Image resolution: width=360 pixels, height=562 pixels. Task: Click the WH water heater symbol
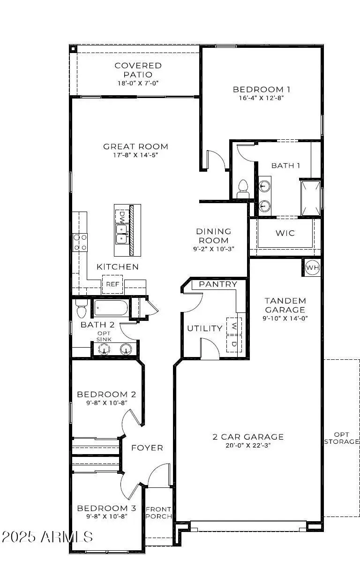pos(312,267)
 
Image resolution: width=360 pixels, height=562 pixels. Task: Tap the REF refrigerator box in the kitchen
pos(112,284)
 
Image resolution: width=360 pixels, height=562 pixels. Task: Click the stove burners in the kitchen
pos(80,242)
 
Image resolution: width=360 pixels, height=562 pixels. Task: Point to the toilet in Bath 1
pos(243,189)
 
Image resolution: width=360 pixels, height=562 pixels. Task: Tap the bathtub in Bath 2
pos(110,309)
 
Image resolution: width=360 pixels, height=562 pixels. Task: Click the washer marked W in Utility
pos(233,325)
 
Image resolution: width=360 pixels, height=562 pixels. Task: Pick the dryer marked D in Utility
pos(233,343)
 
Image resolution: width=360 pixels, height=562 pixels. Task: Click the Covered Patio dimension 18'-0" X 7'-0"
pos(138,83)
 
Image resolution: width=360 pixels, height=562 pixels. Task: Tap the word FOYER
pos(147,448)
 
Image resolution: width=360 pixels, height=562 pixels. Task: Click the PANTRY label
pos(218,284)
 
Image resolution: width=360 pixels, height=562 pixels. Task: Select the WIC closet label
pos(285,233)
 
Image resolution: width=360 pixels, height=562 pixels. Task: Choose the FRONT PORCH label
pos(158,513)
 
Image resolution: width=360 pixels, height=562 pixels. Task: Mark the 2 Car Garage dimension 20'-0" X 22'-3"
pos(248,445)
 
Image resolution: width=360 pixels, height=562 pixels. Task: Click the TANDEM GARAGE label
pos(285,305)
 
